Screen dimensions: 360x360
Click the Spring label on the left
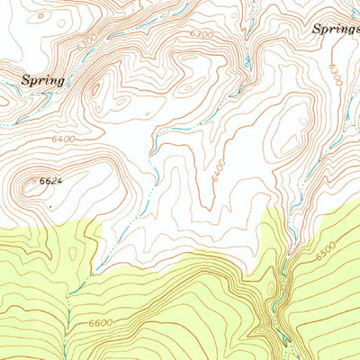click(42, 80)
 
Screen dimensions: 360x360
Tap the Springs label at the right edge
click(336, 29)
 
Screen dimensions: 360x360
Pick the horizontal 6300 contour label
click(202, 34)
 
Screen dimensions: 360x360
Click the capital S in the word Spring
click(26, 79)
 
